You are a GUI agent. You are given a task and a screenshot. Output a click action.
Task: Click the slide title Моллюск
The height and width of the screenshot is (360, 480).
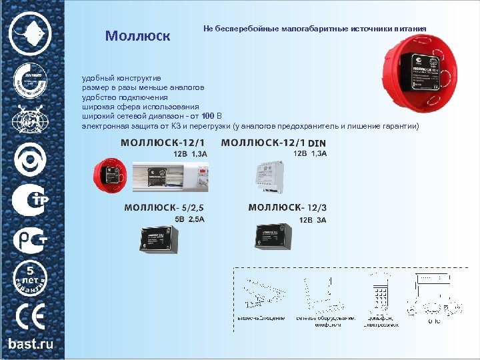click(138, 35)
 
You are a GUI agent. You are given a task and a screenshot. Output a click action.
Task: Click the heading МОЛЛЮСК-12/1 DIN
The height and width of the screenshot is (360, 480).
click(273, 142)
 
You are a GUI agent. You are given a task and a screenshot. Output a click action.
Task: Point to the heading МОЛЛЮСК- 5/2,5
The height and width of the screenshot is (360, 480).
click(164, 207)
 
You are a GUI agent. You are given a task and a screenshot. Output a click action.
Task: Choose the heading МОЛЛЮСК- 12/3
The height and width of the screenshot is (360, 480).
click(287, 207)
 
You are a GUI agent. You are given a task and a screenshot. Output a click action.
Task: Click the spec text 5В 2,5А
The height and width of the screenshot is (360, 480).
click(189, 219)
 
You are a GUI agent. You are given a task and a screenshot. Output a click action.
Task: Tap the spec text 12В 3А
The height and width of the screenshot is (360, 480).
click(312, 219)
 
